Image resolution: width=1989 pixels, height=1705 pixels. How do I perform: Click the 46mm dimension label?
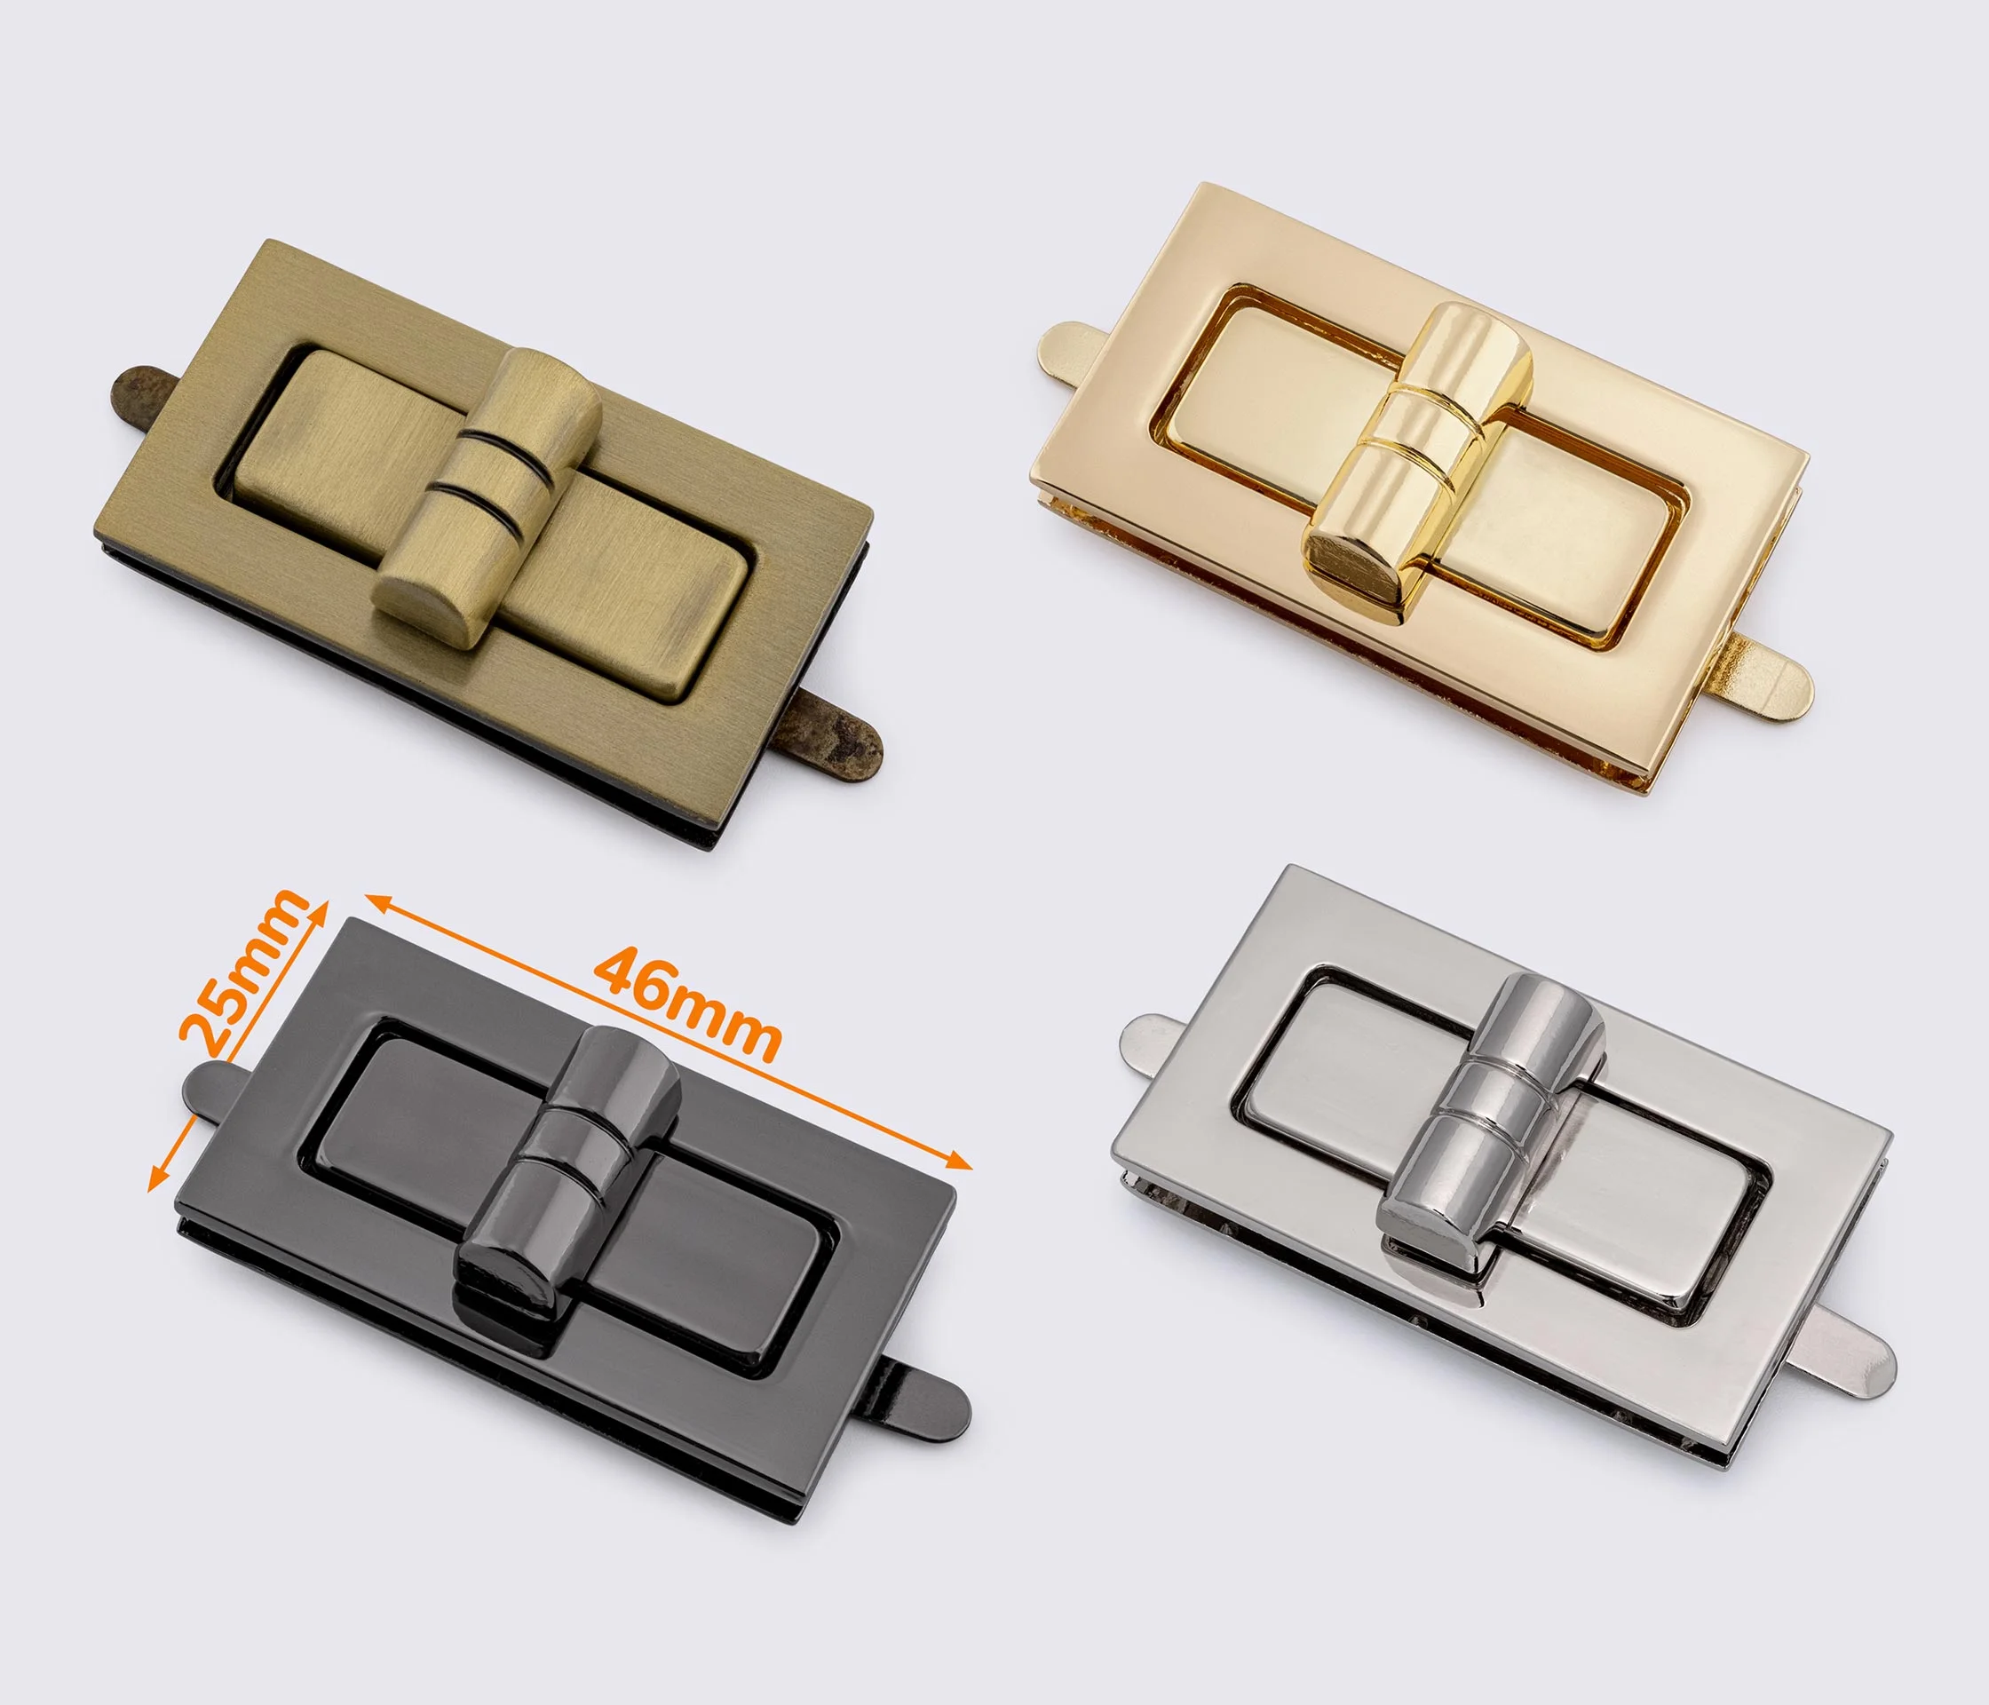pyautogui.click(x=685, y=1003)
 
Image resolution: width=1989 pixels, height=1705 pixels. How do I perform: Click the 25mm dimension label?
pyautogui.click(x=244, y=971)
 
